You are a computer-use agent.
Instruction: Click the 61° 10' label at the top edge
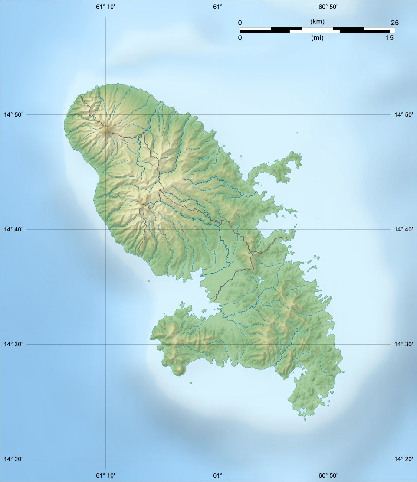click(x=105, y=7)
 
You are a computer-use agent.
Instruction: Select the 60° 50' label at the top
click(x=328, y=7)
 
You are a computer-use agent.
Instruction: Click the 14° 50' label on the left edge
click(x=13, y=114)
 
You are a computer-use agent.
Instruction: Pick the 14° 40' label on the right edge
click(x=403, y=229)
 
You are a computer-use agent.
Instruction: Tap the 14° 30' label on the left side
click(x=13, y=344)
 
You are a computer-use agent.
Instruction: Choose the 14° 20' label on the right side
click(x=403, y=459)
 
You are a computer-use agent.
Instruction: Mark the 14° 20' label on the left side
click(x=13, y=459)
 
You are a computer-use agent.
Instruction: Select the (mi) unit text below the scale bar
click(x=318, y=38)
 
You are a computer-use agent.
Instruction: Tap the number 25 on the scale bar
click(x=394, y=23)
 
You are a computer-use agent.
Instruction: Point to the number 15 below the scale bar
click(x=390, y=38)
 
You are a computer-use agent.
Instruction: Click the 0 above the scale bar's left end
click(x=240, y=23)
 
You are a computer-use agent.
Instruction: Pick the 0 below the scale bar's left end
click(x=240, y=38)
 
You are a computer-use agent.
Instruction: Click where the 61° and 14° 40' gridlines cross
click(x=217, y=229)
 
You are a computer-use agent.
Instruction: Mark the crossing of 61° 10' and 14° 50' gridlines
click(x=105, y=114)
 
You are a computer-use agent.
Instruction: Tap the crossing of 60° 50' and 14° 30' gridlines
click(x=328, y=344)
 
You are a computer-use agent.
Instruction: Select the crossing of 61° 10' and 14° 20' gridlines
click(x=105, y=459)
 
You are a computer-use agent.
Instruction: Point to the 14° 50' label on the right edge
click(x=403, y=114)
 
